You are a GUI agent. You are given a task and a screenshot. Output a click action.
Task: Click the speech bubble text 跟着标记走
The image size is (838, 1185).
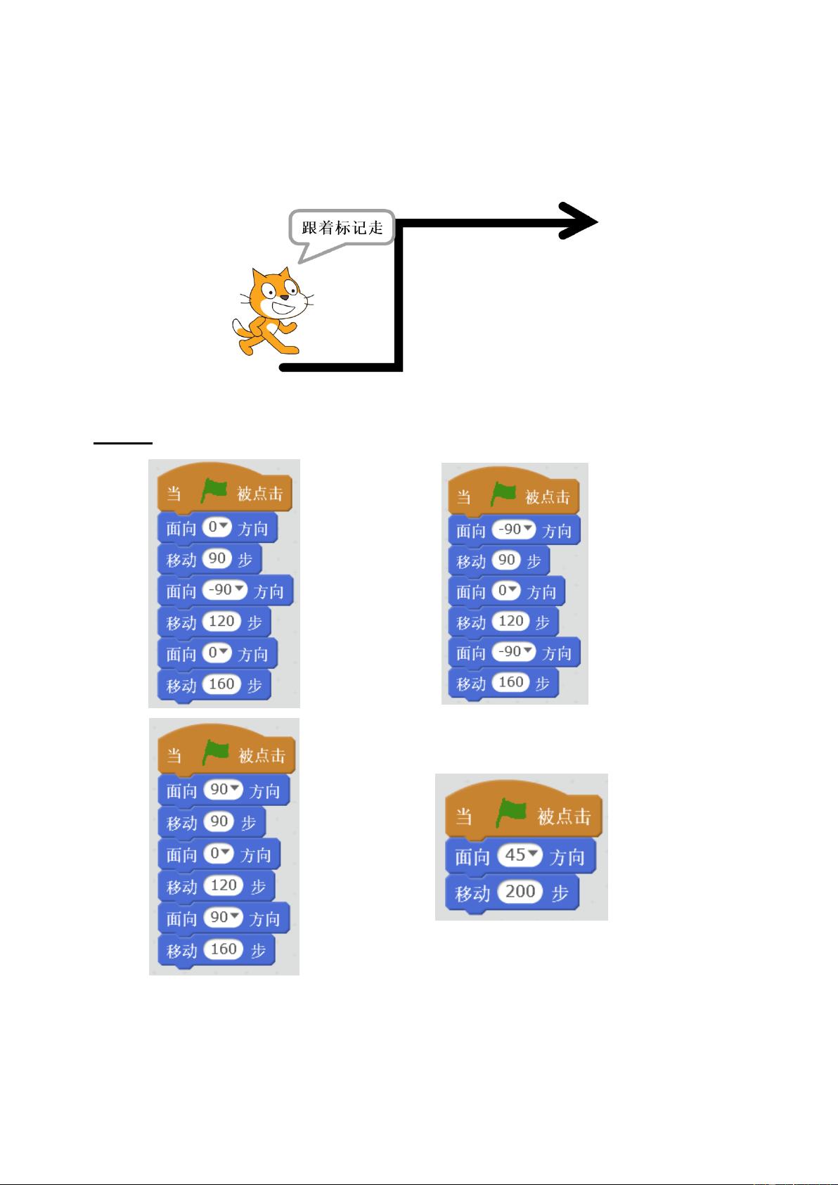(x=342, y=228)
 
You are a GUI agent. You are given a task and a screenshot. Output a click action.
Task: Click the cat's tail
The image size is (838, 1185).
(x=240, y=328)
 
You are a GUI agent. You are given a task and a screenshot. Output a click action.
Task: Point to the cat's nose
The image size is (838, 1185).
(x=285, y=297)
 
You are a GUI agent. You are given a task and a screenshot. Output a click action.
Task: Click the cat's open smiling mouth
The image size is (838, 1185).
(x=285, y=308)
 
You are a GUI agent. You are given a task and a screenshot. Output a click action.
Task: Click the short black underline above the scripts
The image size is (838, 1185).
(x=122, y=442)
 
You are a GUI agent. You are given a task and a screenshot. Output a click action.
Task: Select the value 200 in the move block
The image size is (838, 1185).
(x=520, y=892)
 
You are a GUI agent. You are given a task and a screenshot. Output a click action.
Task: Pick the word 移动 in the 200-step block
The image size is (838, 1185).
(x=472, y=894)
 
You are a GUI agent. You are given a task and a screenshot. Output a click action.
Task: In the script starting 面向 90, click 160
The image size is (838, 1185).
(x=224, y=949)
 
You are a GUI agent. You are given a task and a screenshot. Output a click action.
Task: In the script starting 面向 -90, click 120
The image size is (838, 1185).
(x=510, y=621)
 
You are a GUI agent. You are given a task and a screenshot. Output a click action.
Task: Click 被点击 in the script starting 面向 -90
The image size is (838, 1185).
(x=547, y=497)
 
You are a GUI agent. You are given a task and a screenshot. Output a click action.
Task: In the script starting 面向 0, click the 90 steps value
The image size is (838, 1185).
(x=217, y=558)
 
